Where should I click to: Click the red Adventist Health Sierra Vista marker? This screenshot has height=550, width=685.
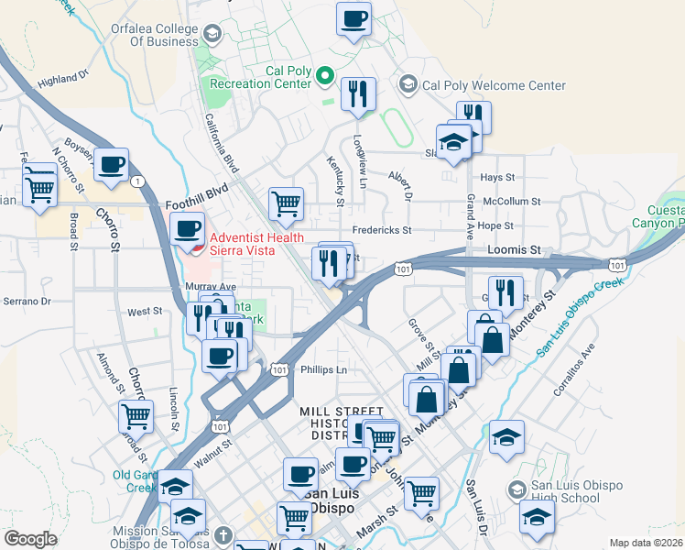[192, 245]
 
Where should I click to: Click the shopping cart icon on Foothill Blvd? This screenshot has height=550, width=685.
[286, 203]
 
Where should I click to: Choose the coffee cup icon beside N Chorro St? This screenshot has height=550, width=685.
[111, 165]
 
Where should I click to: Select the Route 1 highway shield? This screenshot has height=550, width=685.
[136, 181]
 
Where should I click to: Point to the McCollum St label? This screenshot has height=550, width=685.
[512, 201]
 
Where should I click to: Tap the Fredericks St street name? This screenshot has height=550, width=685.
[382, 230]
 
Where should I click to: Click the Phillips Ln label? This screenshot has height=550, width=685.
[324, 370]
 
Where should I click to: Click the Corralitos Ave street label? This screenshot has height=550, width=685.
[574, 369]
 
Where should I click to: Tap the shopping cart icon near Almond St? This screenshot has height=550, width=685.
[136, 417]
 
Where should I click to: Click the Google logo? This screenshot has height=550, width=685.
[30, 539]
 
